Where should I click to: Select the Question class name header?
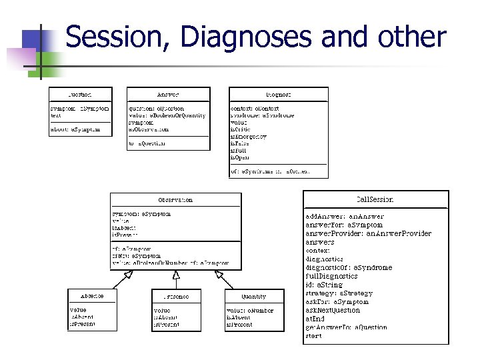coord(80,95)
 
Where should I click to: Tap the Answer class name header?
coord(168,95)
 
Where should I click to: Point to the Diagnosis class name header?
coord(278,95)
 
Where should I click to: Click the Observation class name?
coord(175,199)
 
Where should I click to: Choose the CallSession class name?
coord(375,199)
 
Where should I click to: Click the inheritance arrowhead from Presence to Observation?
coord(176,274)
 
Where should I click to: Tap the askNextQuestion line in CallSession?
coord(333,310)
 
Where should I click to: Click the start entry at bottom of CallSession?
coord(313,336)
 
